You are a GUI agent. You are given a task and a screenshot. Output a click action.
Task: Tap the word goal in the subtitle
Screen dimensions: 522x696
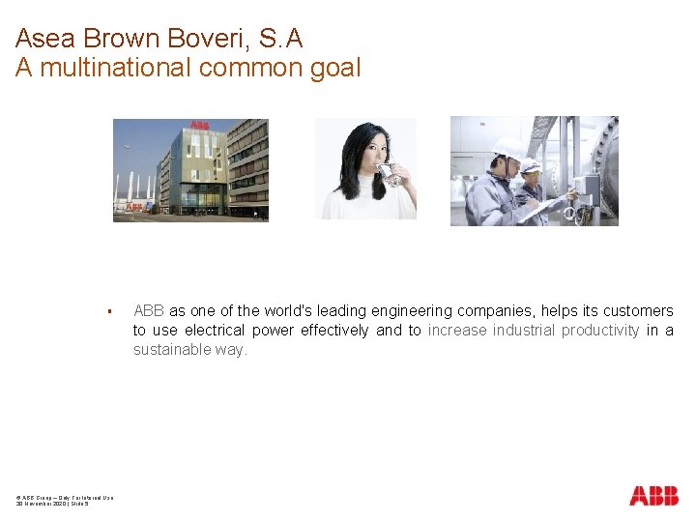pyautogui.click(x=333, y=68)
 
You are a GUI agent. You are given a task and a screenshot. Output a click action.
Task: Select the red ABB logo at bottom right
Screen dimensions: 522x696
pyautogui.click(x=653, y=496)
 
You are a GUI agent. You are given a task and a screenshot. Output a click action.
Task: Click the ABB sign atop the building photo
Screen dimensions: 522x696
pyautogui.click(x=199, y=126)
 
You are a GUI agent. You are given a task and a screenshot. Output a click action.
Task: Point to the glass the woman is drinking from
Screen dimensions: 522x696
pyautogui.click(x=389, y=174)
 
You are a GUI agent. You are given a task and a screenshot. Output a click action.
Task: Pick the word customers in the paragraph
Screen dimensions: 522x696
pyautogui.click(x=638, y=311)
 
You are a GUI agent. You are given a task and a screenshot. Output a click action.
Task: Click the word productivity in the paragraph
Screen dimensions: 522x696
pyautogui.click(x=603, y=331)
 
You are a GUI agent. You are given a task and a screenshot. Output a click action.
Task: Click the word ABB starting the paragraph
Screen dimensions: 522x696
pyautogui.click(x=148, y=311)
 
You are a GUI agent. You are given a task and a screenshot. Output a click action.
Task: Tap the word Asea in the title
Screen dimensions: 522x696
pyautogui.click(x=45, y=40)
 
